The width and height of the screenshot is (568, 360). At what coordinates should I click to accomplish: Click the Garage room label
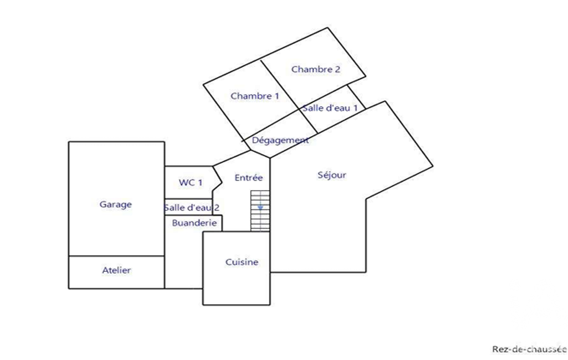pos(116,204)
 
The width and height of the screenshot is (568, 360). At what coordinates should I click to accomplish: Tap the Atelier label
pos(116,270)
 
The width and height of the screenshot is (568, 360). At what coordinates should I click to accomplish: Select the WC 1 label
pos(191,183)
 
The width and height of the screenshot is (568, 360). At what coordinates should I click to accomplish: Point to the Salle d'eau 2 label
pos(192,208)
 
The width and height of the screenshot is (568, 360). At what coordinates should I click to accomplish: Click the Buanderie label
pos(194,223)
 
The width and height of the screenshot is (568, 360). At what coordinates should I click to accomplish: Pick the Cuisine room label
pos(242,262)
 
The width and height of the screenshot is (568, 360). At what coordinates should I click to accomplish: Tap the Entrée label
pos(248,177)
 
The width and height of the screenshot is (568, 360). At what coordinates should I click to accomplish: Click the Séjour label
pos(332,175)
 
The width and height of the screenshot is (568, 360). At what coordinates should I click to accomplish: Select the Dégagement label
pos(280,140)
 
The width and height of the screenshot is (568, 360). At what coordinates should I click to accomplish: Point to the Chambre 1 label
pos(255,96)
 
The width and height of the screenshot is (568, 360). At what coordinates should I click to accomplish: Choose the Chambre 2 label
pos(316,69)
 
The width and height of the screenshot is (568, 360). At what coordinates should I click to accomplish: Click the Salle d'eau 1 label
pos(330,108)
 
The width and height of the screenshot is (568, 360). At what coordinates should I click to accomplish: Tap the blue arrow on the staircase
pos(260,208)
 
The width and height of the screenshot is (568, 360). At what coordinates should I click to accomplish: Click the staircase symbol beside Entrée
pos(260,211)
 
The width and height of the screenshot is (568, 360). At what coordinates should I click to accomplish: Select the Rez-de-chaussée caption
pos(529,349)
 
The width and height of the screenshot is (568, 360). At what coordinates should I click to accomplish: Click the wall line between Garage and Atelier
pos(116,256)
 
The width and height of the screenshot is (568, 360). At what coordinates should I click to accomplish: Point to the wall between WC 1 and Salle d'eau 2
pos(188,199)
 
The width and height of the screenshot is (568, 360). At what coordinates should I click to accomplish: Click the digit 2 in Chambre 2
pos(337,69)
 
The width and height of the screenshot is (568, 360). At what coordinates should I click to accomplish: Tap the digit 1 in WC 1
pos(200,183)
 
